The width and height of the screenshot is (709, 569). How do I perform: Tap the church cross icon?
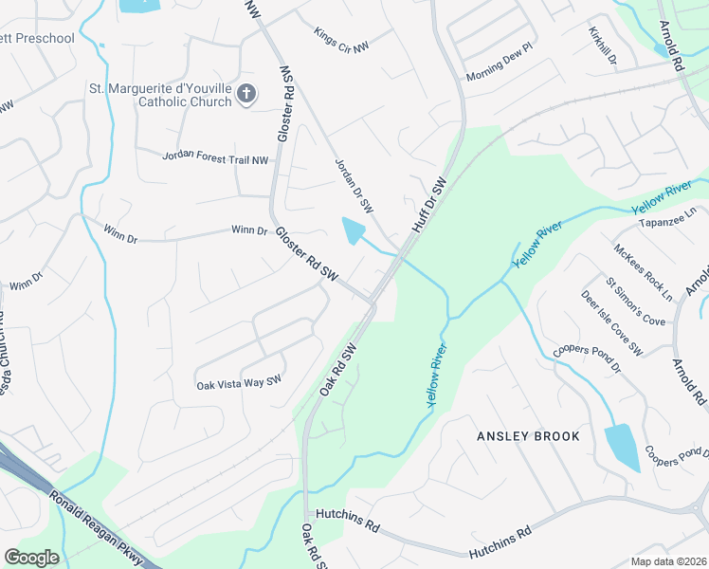pyautogui.click(x=246, y=94)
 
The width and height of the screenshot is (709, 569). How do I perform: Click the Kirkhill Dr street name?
pyautogui.click(x=602, y=46)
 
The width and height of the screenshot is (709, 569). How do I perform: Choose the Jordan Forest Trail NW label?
pyautogui.click(x=215, y=156)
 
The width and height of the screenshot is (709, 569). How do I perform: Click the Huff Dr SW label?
pyautogui.click(x=428, y=205)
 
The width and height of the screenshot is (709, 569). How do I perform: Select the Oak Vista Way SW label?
pyautogui.click(x=240, y=383)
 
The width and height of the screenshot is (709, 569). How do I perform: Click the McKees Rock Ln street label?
pyautogui.click(x=643, y=273)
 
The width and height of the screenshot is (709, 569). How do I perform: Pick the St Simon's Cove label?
pyautogui.click(x=636, y=302)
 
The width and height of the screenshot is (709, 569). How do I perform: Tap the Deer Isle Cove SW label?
pyautogui.click(x=612, y=323)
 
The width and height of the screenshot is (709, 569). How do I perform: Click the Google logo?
pyautogui.click(x=31, y=558)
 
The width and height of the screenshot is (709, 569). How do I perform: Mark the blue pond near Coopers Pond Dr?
pyautogui.click(x=621, y=446)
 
